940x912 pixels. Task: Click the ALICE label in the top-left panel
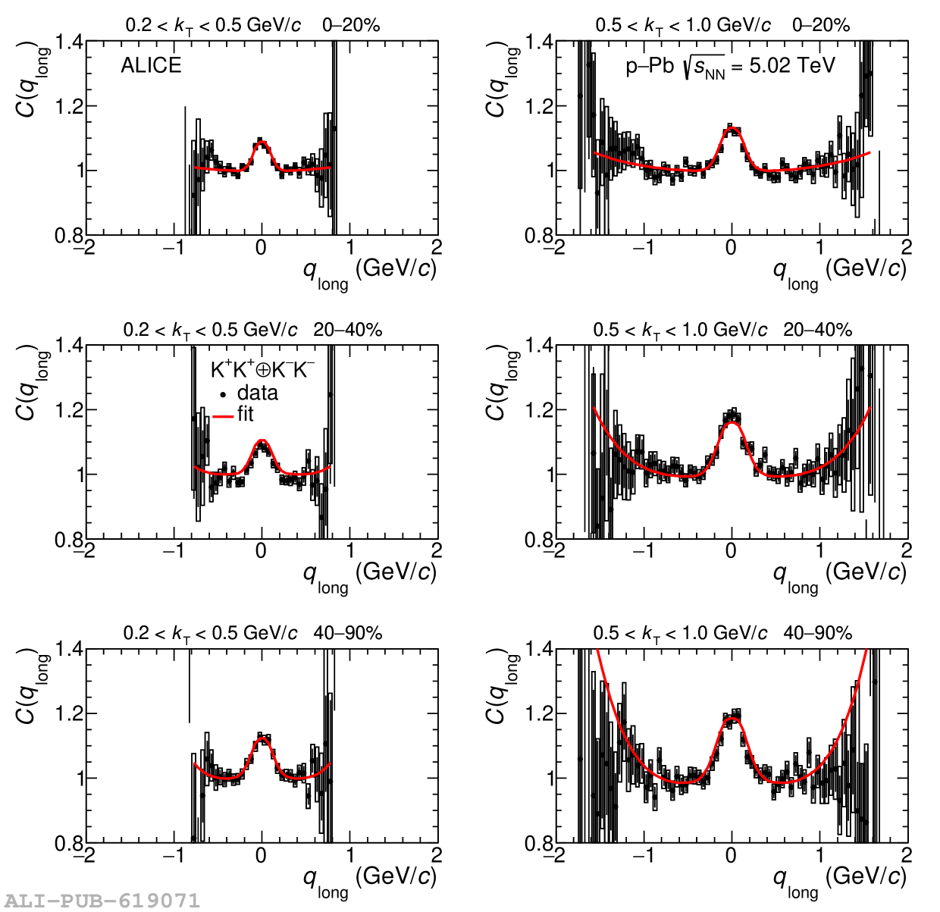(x=151, y=66)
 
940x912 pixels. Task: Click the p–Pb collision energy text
(x=730, y=67)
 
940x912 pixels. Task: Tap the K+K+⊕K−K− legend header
(x=262, y=370)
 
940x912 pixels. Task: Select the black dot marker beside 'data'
(x=223, y=394)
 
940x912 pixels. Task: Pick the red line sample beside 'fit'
(x=223, y=415)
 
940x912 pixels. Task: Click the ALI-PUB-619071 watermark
(x=101, y=901)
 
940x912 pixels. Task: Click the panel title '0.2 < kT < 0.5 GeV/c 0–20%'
(x=252, y=26)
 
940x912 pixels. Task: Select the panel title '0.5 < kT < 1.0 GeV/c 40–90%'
(x=722, y=633)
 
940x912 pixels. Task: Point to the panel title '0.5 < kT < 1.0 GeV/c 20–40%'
(x=722, y=330)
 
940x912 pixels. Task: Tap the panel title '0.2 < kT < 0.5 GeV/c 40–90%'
(x=252, y=633)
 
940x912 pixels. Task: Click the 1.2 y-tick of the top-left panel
(x=69, y=106)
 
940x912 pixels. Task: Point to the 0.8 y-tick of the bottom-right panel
(x=539, y=843)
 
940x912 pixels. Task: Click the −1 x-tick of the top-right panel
(x=644, y=248)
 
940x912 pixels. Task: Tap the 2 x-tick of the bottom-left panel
(x=437, y=856)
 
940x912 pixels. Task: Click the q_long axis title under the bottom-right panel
(x=839, y=879)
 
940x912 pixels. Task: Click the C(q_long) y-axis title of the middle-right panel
(x=496, y=383)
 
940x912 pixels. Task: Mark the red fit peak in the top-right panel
(x=732, y=130)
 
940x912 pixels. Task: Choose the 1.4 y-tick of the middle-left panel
(x=69, y=346)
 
